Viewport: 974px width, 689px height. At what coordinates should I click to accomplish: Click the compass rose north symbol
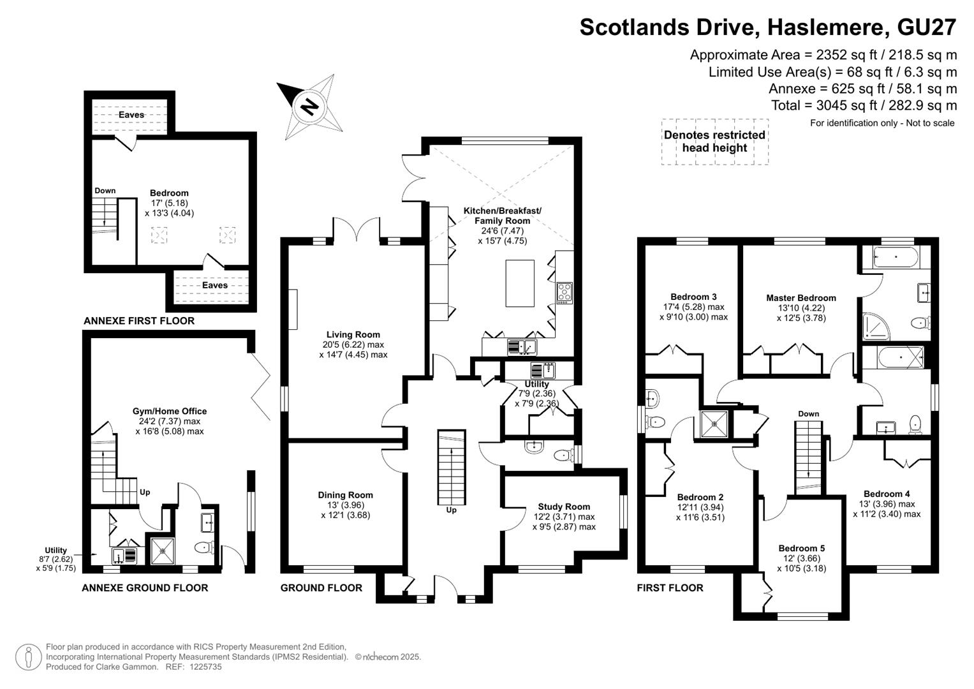[309, 107]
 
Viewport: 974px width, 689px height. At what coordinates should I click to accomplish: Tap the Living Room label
[353, 334]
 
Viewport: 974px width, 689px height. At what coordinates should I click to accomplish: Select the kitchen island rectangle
[520, 283]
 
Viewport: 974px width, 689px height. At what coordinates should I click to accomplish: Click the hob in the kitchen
[565, 293]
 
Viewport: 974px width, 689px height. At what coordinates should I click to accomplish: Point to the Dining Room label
[345, 495]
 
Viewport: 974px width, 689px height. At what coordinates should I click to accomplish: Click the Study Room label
[564, 507]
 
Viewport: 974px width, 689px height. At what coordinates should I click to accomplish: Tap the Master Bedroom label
[801, 298]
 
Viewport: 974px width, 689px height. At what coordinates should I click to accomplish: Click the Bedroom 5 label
[801, 549]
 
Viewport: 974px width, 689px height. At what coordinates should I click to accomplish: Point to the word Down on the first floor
[808, 413]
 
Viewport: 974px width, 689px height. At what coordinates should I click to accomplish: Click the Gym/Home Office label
[170, 411]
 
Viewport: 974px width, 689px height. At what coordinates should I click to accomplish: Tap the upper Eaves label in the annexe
[131, 115]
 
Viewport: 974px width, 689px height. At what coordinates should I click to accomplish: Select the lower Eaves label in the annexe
[215, 285]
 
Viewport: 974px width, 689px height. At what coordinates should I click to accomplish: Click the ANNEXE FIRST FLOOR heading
[139, 321]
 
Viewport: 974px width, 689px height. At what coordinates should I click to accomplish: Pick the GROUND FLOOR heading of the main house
[321, 588]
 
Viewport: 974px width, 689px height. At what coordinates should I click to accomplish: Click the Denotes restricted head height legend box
[715, 142]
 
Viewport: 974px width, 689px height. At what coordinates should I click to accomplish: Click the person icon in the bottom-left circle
[29, 658]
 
